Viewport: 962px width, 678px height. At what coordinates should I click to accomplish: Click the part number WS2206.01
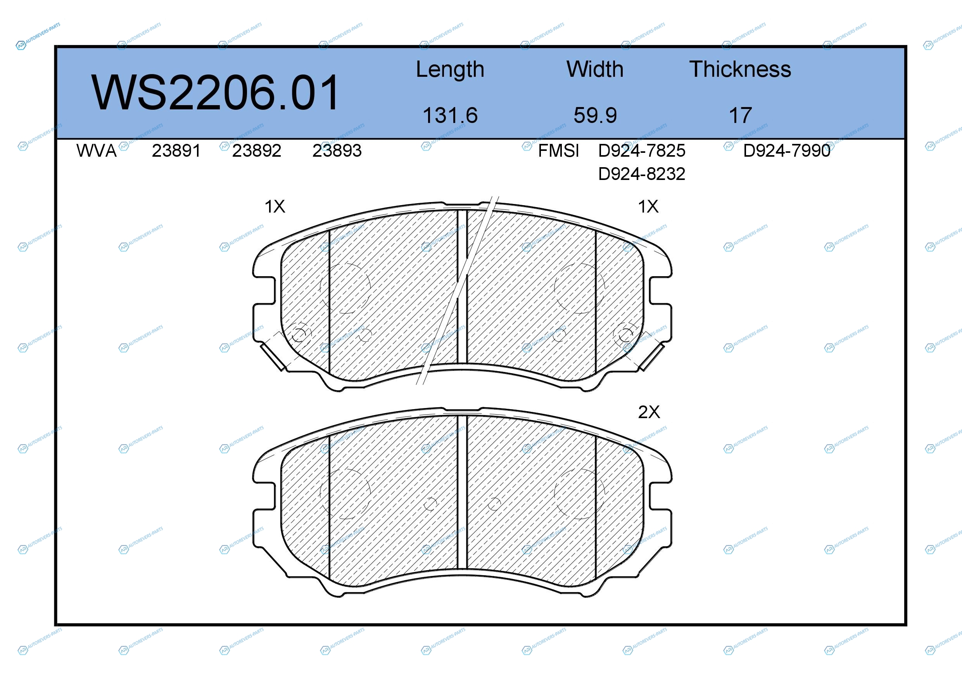[x=215, y=93]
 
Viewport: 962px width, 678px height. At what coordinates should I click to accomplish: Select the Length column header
[x=450, y=70]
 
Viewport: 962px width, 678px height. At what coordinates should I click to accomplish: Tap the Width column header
[x=595, y=69]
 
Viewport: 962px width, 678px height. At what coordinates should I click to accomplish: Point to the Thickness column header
[x=740, y=69]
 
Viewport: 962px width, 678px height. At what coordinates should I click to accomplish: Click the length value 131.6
[x=450, y=115]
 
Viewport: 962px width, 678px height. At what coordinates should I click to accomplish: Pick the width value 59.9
[x=595, y=115]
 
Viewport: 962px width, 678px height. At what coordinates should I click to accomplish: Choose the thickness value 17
[x=740, y=115]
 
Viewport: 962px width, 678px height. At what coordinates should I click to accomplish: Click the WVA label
[x=97, y=151]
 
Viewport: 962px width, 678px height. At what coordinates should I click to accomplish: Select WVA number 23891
[x=176, y=151]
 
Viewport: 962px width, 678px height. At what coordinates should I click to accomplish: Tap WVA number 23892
[x=256, y=151]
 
